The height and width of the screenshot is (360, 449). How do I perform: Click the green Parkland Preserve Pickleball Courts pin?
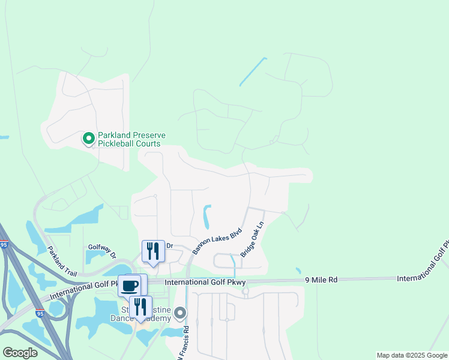(x=88, y=139)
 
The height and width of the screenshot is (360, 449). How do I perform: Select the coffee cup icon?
(x=130, y=285)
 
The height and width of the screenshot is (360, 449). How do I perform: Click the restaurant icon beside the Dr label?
(x=153, y=251)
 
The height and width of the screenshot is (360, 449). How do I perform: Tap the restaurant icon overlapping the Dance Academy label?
(x=140, y=306)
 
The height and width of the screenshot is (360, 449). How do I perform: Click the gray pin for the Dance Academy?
(x=181, y=313)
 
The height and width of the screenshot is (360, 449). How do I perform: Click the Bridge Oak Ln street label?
(x=253, y=240)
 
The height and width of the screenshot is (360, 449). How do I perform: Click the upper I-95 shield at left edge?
(x=4, y=245)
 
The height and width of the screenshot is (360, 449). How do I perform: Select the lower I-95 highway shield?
(x=40, y=313)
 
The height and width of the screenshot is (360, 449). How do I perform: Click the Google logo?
(x=20, y=353)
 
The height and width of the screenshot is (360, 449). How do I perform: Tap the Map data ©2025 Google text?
(x=412, y=355)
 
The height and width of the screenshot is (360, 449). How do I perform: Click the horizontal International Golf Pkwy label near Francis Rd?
(x=205, y=281)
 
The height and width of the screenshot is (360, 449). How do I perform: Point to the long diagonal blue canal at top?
(x=253, y=71)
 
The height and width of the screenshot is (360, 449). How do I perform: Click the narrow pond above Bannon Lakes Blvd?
(x=207, y=217)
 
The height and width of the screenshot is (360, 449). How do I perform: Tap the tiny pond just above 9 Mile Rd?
(x=298, y=271)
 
